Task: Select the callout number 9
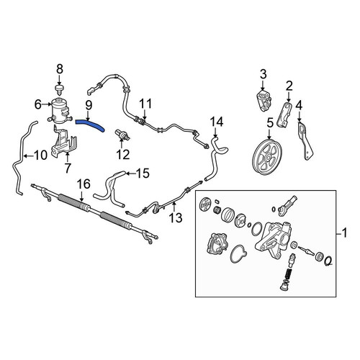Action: tap(89, 105)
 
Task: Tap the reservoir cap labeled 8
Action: tap(59, 89)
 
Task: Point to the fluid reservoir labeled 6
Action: tap(60, 111)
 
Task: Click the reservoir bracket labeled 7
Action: tap(63, 142)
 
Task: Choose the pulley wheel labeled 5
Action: tap(267, 156)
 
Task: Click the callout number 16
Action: tap(84, 184)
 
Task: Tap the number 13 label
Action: tap(176, 218)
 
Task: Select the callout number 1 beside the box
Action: tap(344, 233)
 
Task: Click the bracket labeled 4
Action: tap(306, 141)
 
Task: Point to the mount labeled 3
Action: tap(264, 101)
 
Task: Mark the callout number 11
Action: tap(145, 104)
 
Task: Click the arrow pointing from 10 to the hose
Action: tap(29, 156)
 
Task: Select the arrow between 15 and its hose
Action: tap(130, 174)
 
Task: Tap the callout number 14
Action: tap(217, 122)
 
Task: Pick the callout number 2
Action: tap(289, 86)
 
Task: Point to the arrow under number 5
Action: tap(270, 134)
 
